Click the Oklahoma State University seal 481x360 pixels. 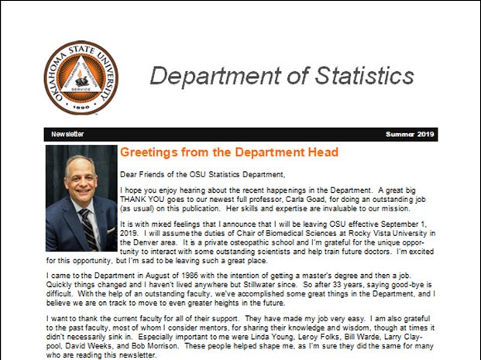pos(81,78)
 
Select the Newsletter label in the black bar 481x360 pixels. pos(69,134)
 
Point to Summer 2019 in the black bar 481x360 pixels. pos(411,134)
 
